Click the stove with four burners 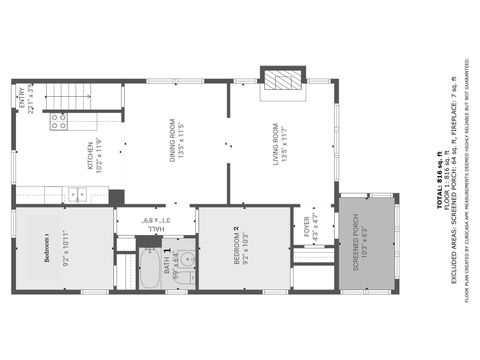coord(59,121)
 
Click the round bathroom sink coord(187,261)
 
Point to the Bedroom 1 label coord(45,247)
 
